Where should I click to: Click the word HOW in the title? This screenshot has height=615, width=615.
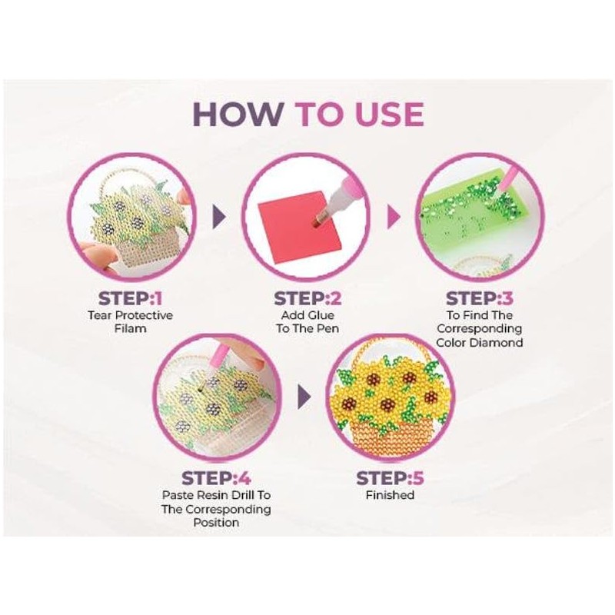point(239,114)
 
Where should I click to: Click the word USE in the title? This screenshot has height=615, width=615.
point(388,114)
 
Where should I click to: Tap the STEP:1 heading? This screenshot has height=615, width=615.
point(130,298)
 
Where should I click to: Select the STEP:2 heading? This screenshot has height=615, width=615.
point(307,298)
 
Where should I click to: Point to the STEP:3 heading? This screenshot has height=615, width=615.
point(479,298)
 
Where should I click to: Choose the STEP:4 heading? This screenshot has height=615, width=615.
point(216,478)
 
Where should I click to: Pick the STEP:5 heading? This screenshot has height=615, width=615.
point(390,478)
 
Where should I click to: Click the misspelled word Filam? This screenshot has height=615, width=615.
point(130,328)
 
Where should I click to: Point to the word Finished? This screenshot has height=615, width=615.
point(390,495)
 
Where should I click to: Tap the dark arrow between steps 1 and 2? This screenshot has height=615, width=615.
point(219,216)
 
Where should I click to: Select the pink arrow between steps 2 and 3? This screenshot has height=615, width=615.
point(394,216)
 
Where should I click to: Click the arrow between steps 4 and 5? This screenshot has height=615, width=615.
point(304,397)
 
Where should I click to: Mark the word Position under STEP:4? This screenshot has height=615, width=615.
point(216,523)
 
